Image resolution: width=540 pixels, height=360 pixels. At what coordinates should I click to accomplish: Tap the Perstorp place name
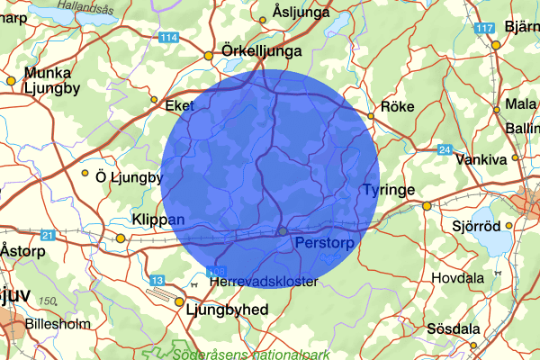(x=320, y=243)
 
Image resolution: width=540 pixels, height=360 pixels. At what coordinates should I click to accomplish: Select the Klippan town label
(x=157, y=220)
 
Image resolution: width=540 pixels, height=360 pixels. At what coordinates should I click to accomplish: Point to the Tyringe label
(x=386, y=190)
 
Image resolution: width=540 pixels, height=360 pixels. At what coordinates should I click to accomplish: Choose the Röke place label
(x=397, y=106)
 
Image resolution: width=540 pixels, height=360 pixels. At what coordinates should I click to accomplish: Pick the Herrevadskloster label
(x=263, y=282)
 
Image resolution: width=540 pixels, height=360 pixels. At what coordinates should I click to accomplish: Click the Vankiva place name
(x=481, y=158)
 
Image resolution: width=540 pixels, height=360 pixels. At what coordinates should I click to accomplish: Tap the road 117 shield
(x=487, y=30)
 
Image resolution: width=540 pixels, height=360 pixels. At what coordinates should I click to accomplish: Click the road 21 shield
(x=48, y=235)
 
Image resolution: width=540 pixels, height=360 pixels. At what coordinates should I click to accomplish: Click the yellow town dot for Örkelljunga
(x=209, y=56)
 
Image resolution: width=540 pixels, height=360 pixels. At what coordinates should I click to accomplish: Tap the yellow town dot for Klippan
(x=121, y=238)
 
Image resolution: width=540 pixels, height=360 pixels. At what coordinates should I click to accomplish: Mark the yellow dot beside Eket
(x=154, y=99)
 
